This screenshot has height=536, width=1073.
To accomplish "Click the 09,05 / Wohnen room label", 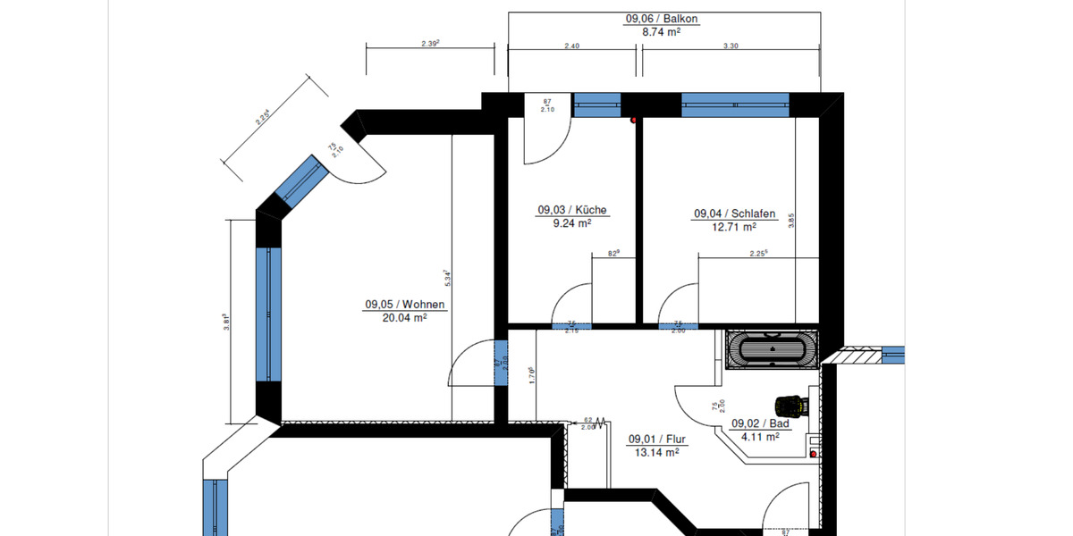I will pos(404,304).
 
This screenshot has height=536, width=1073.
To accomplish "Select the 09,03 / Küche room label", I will pos(572,211).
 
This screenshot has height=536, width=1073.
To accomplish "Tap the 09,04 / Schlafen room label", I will pos(734,214).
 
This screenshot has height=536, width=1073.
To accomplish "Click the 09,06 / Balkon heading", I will pos(662,18).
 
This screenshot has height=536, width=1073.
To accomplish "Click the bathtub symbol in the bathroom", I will pos(771,349).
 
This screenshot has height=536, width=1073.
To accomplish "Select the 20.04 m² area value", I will pos(404,316).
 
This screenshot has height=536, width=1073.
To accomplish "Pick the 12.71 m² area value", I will pos(734,227).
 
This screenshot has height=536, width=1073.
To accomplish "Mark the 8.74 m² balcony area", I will pos(662,30).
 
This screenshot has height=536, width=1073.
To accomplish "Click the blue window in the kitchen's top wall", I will pos(596,105).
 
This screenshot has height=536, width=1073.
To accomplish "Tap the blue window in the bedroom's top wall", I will pos(735,105).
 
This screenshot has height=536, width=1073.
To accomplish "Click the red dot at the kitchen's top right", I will pos(634,119).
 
